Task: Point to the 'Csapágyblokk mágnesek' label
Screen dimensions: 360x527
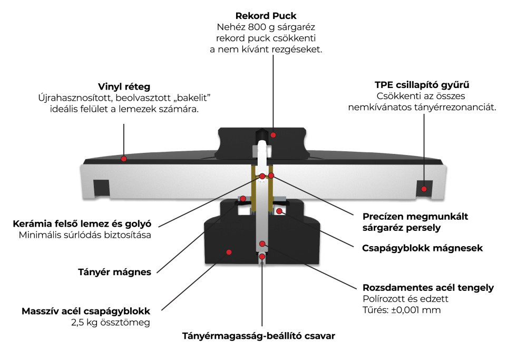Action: point(422,248)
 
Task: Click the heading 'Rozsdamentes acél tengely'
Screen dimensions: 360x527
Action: point(428,288)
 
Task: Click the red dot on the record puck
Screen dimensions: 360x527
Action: point(273,135)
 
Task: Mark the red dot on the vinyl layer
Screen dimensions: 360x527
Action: point(124,158)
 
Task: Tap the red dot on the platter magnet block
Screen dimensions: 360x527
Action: point(229,252)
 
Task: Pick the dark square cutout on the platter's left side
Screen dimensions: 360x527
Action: point(101,187)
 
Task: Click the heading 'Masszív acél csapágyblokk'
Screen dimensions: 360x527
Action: point(86,310)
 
